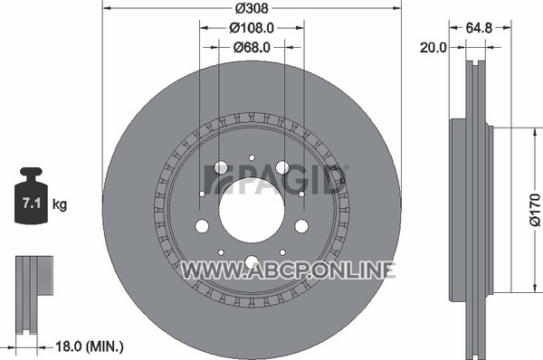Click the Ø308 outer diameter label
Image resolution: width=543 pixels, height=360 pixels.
pos(252,8)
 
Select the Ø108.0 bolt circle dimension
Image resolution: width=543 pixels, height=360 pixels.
pos(252,28)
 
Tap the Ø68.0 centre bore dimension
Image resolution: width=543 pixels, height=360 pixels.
pos(252,47)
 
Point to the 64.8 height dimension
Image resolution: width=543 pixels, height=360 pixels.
pos(479,28)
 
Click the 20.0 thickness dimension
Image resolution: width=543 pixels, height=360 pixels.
pos(433,47)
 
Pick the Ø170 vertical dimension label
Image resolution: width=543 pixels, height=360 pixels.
pos(535,210)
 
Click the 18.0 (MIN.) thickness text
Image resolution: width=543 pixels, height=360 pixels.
pos(90,346)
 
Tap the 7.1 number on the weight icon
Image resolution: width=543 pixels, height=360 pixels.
pos(32,203)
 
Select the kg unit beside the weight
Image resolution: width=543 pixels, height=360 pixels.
pos(60,204)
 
